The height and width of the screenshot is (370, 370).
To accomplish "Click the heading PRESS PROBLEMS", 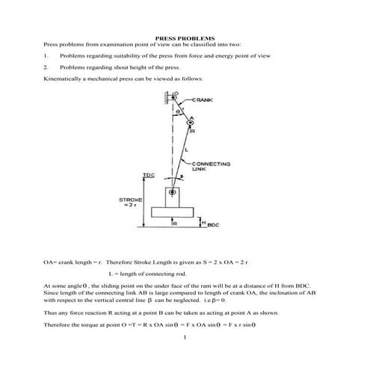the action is click(x=184, y=37).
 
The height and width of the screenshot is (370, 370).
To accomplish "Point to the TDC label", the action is click(x=148, y=176).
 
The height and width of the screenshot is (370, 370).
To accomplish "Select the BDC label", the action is click(x=212, y=225).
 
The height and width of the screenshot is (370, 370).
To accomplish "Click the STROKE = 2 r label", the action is click(x=131, y=203).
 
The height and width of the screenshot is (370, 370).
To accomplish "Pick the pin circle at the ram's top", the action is click(x=173, y=193).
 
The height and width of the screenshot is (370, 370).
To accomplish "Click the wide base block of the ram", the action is click(x=173, y=213).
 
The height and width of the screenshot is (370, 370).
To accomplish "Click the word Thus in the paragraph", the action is click(x=49, y=314).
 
